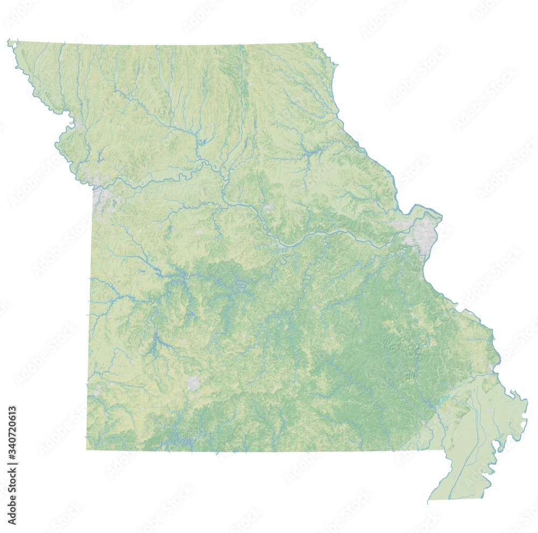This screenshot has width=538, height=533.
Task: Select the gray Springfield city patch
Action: coord(193,383)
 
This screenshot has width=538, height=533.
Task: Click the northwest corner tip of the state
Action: coord(9,40)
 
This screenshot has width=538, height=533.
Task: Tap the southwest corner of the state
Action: coord(87,448)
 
